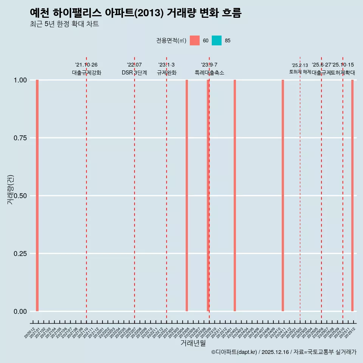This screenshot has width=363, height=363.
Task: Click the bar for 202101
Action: tap(37, 195)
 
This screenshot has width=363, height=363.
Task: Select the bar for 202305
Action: tap(187, 195)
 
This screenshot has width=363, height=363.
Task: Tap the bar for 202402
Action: tap(235, 195)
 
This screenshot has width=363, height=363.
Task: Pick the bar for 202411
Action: tap(283, 195)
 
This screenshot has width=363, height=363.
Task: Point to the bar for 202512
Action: tap(352, 195)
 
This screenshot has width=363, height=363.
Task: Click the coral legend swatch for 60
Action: tap(195, 40)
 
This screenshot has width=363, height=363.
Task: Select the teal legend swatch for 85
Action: tap(217, 40)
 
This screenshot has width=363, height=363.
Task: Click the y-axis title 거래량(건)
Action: tap(10, 190)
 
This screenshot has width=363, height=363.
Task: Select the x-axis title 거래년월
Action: tap(193, 343)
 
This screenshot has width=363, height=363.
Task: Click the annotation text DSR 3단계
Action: tap(134, 73)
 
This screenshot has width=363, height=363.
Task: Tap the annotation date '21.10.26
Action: tap(86, 65)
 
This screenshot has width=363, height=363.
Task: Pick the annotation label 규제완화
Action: tap(167, 73)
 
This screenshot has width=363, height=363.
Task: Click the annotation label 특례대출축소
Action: tap(209, 73)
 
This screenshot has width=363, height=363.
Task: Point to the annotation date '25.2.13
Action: tap(300, 65)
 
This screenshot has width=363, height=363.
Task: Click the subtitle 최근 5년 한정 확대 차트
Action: tap(64, 24)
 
